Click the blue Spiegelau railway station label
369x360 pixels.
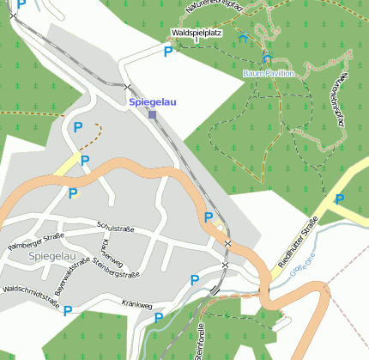click(149, 101)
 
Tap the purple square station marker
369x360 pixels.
click(152, 114)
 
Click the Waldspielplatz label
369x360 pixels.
click(197, 34)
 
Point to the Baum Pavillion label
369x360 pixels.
click(269, 74)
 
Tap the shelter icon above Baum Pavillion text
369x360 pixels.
click(267, 59)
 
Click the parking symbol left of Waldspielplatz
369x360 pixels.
click(167, 52)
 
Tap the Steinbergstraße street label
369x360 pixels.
click(117, 274)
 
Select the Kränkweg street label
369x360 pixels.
click(136, 304)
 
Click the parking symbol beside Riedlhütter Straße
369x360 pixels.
click(340, 199)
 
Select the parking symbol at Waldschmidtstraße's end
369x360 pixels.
click(68, 310)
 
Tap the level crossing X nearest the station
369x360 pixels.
click(127, 88)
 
